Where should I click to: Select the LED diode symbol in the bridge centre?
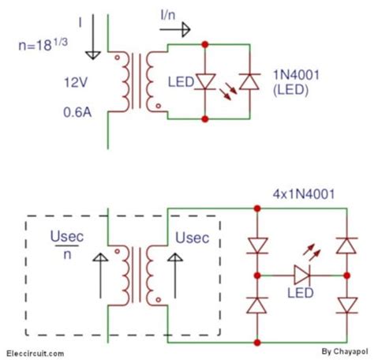click(302, 276)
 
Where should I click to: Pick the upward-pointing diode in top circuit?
click(250, 81)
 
